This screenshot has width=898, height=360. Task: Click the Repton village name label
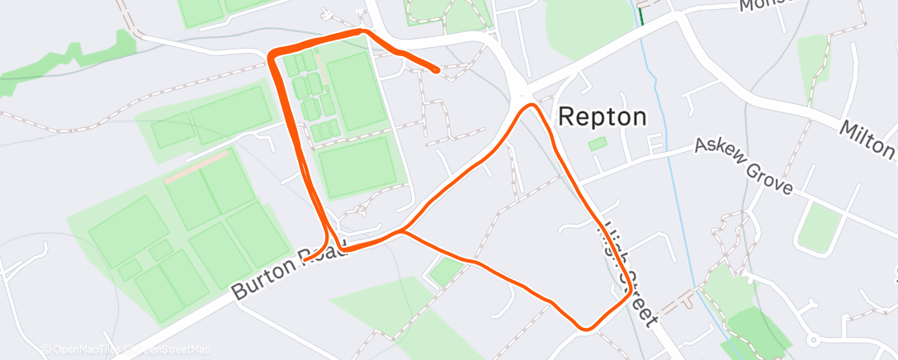[x=603, y=116]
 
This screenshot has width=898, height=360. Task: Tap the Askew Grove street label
[x=743, y=166]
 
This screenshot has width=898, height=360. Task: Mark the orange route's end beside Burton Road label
[x=305, y=260]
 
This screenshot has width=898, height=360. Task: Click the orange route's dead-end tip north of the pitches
[x=437, y=71]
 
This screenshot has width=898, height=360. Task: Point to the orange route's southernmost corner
[x=586, y=329]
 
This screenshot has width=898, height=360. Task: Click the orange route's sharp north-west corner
[x=272, y=55]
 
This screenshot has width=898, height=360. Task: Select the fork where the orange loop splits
[x=402, y=232]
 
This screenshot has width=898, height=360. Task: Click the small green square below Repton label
[x=597, y=144]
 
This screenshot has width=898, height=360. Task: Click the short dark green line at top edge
[x=640, y=15]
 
